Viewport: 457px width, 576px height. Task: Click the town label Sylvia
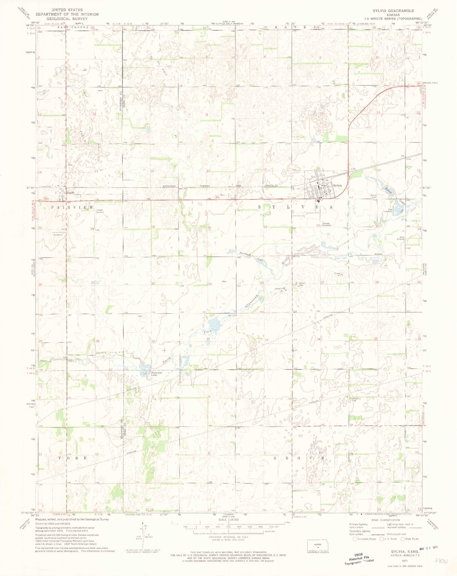[337, 186]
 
